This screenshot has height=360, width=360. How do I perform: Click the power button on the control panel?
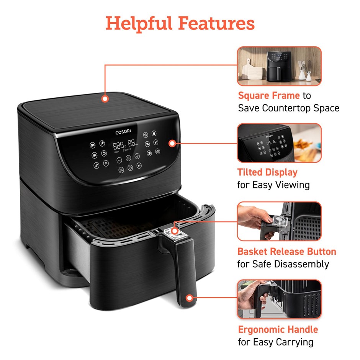coord(130,168)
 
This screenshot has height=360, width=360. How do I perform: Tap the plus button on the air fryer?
coord(137,156)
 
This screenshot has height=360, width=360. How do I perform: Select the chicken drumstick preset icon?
coord(102,143)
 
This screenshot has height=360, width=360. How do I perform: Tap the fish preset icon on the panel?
coord(94,155)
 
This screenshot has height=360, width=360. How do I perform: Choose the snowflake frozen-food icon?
coord(146,135)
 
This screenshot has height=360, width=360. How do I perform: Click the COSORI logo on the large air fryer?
coord(123,132)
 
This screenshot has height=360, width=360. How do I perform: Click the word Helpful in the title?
coord(139,23)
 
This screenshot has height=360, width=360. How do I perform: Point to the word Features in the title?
coord(216,23)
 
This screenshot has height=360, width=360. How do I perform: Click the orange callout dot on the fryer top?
coord(105,99)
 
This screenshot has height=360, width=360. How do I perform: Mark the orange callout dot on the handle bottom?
coord(190,298)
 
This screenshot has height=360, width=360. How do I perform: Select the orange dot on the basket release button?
coord(175,231)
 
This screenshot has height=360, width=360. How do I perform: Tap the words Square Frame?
coord(269,95)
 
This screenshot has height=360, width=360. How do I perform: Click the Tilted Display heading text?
coord(267,172)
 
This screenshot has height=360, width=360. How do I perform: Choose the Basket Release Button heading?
coord(287,251)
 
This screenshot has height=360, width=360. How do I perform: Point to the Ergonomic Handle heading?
coord(278,329)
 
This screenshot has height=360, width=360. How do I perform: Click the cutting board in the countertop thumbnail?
coord(252,70)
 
